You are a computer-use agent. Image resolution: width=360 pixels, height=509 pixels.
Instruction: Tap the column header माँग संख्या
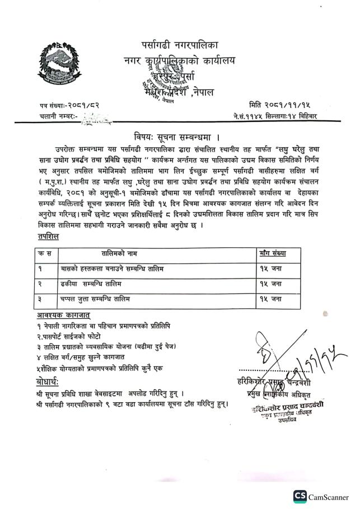coord(273,253)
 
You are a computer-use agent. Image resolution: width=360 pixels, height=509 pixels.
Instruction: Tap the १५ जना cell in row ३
coord(270,299)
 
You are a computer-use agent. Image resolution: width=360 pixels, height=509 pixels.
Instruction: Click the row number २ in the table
coord(41,284)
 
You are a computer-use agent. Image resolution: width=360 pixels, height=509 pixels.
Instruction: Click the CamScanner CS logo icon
coord(300,496)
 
